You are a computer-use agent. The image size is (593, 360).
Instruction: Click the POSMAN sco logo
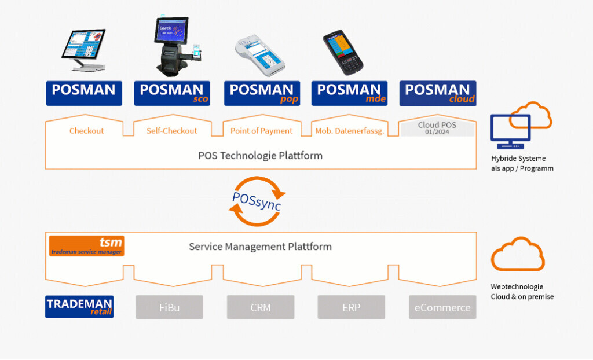coord(172,93)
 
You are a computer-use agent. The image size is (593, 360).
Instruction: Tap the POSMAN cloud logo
coord(438,93)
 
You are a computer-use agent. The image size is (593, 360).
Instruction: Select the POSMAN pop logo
coord(262,93)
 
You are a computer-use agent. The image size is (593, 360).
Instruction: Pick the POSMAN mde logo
coord(349,93)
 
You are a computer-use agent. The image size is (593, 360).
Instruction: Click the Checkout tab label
coord(86,131)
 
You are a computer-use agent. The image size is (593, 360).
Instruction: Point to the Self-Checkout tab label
coord(172,131)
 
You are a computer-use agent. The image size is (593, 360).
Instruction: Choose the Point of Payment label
coord(261,131)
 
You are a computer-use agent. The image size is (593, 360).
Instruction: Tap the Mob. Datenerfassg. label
coord(350,131)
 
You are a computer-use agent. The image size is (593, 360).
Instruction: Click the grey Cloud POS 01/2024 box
coord(437,128)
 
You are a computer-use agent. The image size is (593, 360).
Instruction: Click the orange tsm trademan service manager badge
coord(86,246)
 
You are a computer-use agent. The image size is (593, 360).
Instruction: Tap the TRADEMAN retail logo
coord(79,307)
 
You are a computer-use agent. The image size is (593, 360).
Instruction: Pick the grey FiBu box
coord(170,307)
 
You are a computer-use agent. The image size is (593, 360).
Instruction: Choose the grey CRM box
coord(261,307)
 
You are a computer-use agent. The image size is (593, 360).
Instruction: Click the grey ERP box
coord(351,307)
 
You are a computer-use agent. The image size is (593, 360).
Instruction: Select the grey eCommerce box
coord(442,307)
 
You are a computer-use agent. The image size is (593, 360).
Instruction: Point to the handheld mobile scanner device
coord(342,52)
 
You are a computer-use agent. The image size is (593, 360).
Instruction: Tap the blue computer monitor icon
coord(510,128)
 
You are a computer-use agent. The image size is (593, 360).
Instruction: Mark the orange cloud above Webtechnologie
coord(517,255)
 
